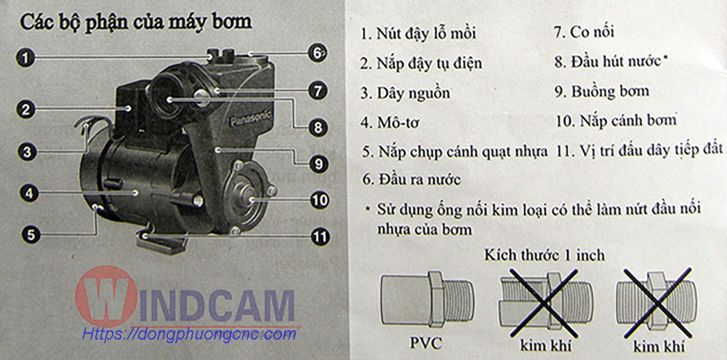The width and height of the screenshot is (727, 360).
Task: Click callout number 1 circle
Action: (x=28, y=58)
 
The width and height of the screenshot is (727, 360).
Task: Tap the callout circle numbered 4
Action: (x=29, y=193)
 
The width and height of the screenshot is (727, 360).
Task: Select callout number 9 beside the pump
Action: (x=319, y=164)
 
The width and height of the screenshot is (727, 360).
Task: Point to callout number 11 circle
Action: (x=319, y=237)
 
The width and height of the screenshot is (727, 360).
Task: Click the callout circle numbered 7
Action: (x=317, y=91)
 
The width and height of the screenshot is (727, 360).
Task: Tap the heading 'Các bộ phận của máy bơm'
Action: (x=136, y=23)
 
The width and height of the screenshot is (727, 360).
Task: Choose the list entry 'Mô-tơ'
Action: (x=393, y=122)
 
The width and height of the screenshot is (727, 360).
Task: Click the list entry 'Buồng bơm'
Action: (x=602, y=91)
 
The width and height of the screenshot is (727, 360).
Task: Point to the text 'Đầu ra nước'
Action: (x=411, y=180)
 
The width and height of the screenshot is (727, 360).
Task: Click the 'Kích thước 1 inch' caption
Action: (x=545, y=255)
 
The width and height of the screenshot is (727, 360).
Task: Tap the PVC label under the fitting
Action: (x=426, y=344)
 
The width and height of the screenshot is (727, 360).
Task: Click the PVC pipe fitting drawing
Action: (x=427, y=300)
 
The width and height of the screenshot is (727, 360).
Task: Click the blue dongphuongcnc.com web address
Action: (x=189, y=334)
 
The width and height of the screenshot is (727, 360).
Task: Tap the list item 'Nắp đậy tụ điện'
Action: (x=422, y=63)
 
